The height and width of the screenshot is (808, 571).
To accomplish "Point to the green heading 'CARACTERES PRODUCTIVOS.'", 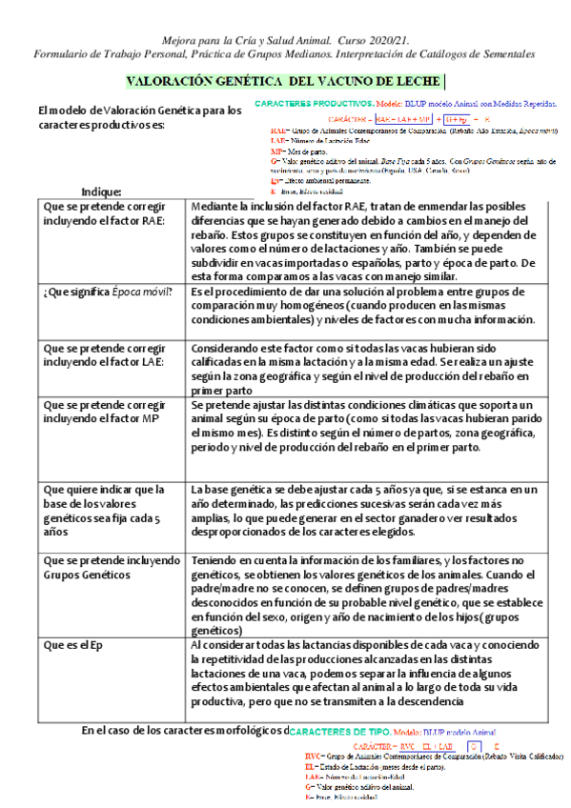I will [x=314, y=102].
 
